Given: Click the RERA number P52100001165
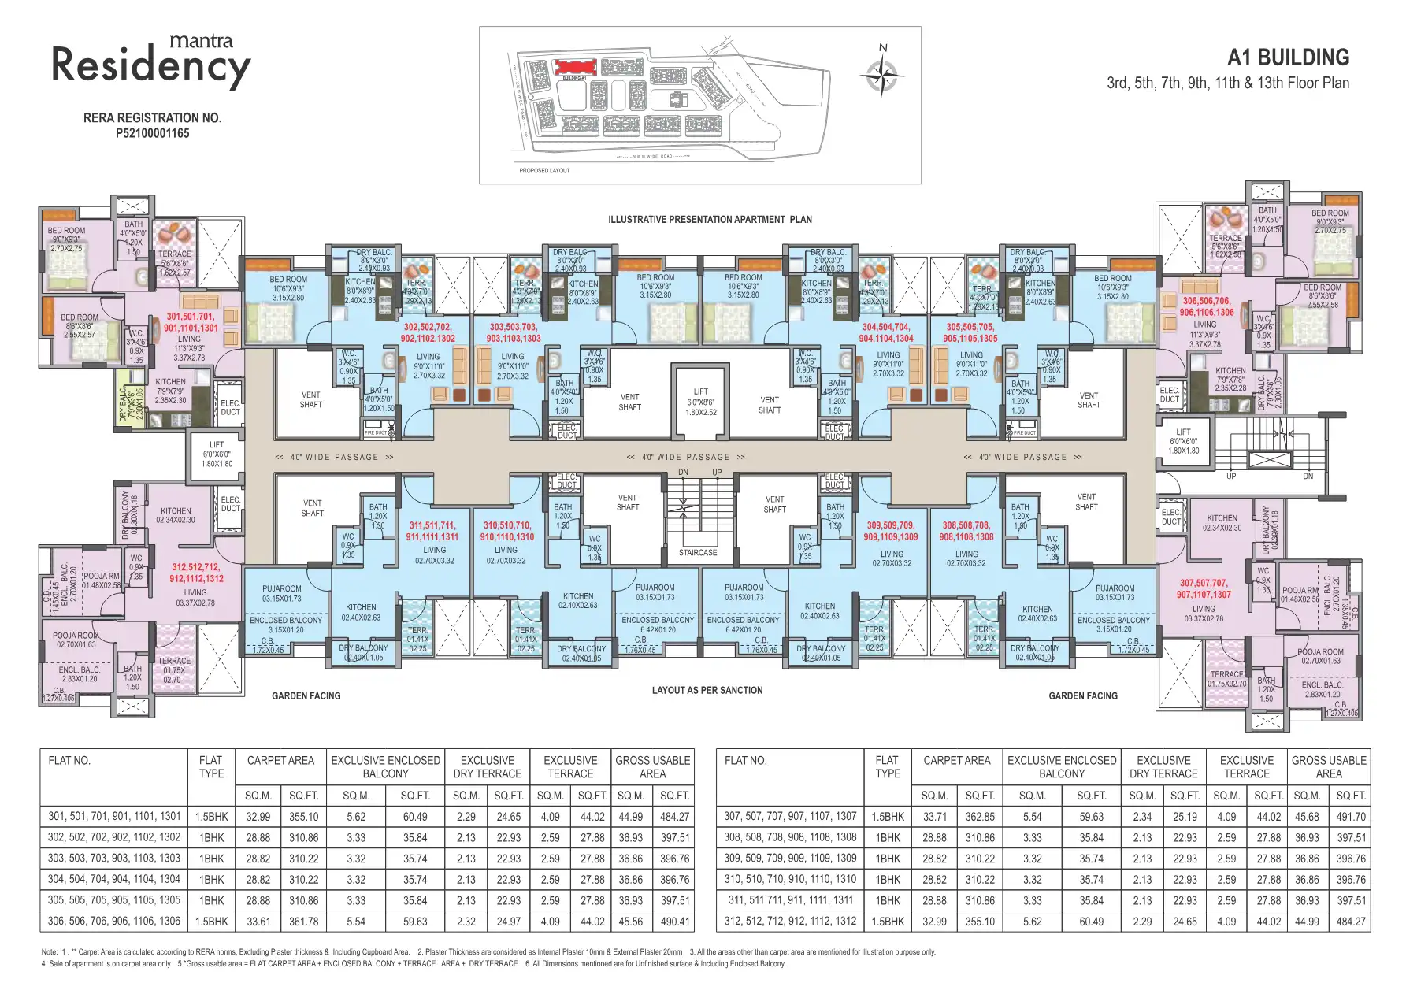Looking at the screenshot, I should pos(152,133).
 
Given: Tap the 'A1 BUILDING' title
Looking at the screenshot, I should pos(1288,57).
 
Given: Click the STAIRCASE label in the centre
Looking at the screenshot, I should pos(698,552).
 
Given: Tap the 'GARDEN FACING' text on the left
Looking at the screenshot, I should pos(306,695).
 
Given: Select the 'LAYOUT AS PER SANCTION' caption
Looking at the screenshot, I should pos(707,690).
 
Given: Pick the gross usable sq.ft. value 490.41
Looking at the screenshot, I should pos(675,921).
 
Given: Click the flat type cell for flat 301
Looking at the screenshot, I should pos(211,817).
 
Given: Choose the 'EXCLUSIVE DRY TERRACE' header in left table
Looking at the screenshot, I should pos(487,766).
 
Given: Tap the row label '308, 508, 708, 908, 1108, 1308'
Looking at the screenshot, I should pos(790,837).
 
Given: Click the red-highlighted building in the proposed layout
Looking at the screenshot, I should pos(573,66).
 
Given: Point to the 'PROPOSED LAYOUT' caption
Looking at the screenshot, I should pos(543,170).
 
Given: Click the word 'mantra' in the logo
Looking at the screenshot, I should pos(201,40).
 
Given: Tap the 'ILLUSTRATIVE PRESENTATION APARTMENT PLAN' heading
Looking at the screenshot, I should pos(709,219).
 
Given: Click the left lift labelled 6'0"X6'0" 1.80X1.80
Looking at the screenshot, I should pos(217,454).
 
